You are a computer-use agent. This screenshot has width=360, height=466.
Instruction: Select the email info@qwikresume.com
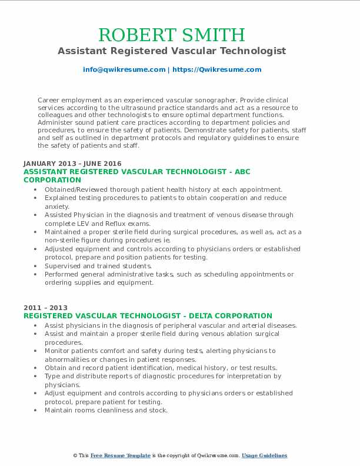124,69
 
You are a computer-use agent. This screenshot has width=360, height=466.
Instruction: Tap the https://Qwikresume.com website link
217,69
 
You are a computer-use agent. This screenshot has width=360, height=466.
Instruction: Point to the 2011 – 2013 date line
45,308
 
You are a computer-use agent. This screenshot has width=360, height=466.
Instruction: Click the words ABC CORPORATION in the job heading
53,179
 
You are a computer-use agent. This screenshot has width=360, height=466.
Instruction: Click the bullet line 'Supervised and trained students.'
98,266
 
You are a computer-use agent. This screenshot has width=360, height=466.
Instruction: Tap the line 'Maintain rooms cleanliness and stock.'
106,410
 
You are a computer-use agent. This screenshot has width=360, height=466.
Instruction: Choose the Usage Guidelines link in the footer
264,456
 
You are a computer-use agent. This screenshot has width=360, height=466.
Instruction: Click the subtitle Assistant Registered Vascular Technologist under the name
172,51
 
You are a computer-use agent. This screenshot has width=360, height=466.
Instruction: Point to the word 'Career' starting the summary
48,101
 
